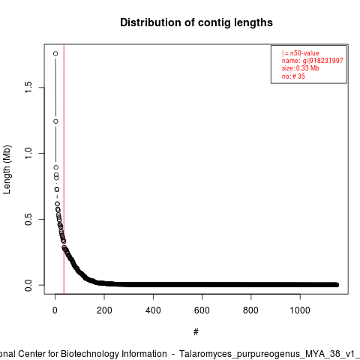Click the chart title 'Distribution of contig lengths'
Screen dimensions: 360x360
[196, 22]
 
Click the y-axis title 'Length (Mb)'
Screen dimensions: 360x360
[7, 169]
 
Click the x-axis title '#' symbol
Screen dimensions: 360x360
[196, 332]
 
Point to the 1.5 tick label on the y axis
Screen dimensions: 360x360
[28, 87]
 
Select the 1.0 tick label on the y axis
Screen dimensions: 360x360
[28, 153]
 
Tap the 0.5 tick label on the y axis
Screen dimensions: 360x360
[28, 219]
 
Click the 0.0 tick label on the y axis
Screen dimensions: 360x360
[28, 285]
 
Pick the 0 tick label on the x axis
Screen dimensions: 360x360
[55, 310]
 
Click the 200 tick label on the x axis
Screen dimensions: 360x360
[104, 310]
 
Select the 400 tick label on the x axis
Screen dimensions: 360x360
[153, 310]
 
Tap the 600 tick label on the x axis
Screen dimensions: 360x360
[202, 310]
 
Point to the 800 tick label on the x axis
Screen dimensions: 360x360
[250, 310]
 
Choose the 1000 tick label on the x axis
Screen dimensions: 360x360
[300, 310]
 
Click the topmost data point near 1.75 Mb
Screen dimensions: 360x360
[55, 53]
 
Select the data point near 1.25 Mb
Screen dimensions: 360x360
[55, 121]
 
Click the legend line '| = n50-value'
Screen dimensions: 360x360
[301, 53]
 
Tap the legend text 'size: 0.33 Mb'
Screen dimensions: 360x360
[301, 68]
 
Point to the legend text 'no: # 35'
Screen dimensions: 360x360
[293, 76]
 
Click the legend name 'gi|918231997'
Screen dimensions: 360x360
[322, 61]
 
